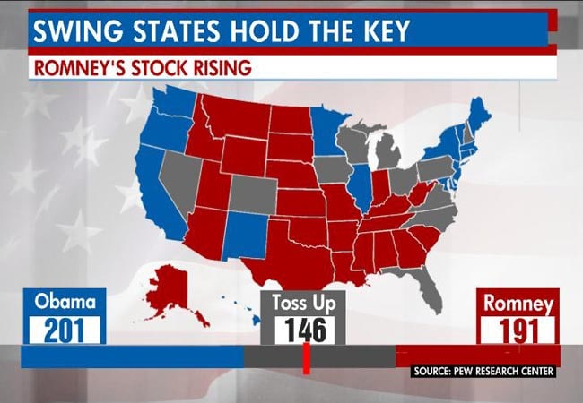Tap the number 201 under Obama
tap(65, 329)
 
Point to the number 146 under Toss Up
tap(304, 330)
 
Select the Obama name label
tap(65, 302)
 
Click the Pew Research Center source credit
tap(483, 371)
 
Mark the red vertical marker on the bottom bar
tap(306, 357)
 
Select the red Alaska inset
tap(170, 285)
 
